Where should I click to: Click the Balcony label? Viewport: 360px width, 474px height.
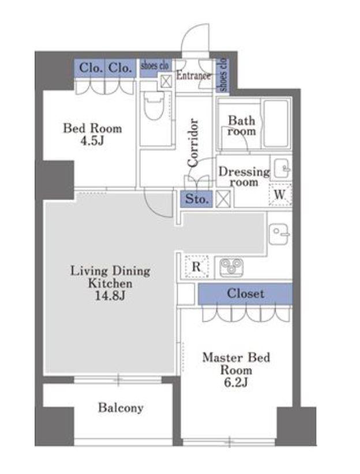[x=121, y=408]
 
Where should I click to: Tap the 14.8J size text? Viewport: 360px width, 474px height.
[x=110, y=296]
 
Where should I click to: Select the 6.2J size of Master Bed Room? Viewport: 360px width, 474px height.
[x=236, y=382]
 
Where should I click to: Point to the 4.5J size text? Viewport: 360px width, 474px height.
[x=92, y=141]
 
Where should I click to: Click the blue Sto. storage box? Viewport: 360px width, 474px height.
[x=196, y=199]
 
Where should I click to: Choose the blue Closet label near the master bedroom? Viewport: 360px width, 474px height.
[x=245, y=294]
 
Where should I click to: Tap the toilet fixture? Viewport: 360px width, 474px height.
[x=154, y=105]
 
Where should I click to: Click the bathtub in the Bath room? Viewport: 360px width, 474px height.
[x=275, y=123]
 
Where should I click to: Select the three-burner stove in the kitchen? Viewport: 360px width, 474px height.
[x=231, y=267]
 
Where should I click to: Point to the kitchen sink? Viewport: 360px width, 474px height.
[x=279, y=234]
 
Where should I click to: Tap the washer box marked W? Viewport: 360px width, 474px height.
[x=280, y=195]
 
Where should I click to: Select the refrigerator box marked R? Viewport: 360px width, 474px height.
[x=197, y=266]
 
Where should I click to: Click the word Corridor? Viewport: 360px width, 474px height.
[x=193, y=142]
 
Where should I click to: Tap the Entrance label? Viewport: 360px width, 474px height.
[x=194, y=76]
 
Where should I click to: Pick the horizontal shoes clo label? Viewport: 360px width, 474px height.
[x=155, y=65]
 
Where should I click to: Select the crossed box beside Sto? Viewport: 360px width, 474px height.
[x=223, y=199]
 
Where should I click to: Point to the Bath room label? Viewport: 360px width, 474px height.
[x=241, y=126]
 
